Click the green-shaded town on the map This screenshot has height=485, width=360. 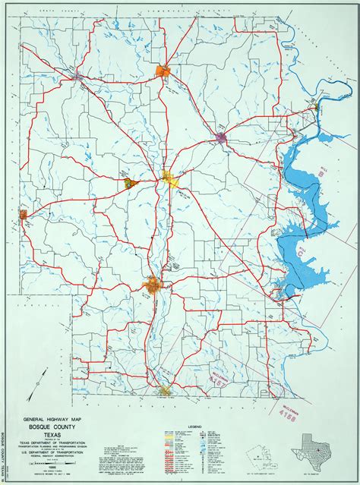[127, 182]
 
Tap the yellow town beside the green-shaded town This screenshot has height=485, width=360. [168, 178]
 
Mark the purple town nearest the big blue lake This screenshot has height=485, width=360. [222, 137]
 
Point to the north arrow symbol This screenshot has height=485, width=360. [44, 378]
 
